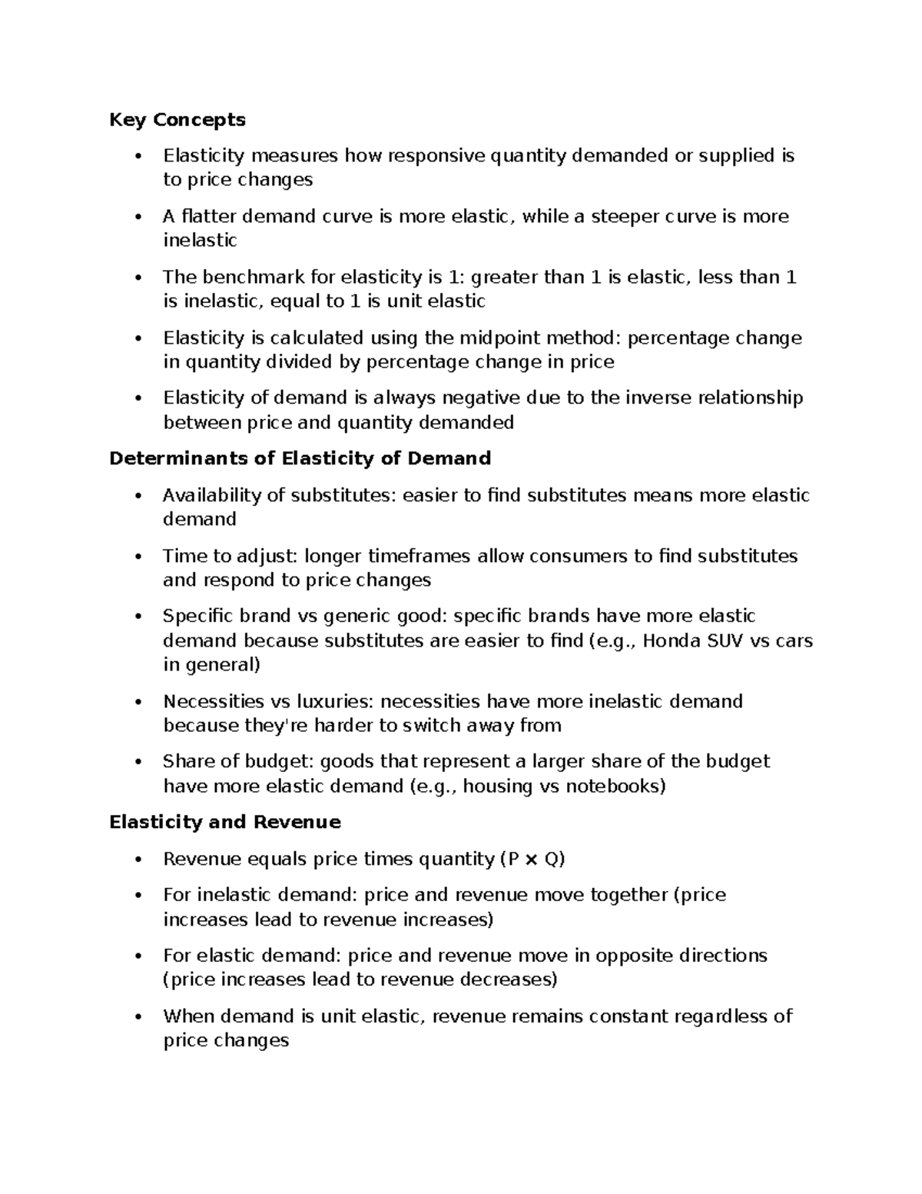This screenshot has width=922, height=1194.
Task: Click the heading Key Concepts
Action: (177, 119)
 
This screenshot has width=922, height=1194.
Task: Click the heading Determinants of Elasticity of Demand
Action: (300, 458)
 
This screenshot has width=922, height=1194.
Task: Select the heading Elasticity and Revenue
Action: (225, 822)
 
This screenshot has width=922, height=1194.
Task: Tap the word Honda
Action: (669, 640)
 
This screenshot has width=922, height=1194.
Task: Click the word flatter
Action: (204, 216)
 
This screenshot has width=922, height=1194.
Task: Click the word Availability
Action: (212, 495)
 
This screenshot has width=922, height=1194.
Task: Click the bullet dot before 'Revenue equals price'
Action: (138, 860)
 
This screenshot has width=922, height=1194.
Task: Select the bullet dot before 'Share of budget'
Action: (138, 762)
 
